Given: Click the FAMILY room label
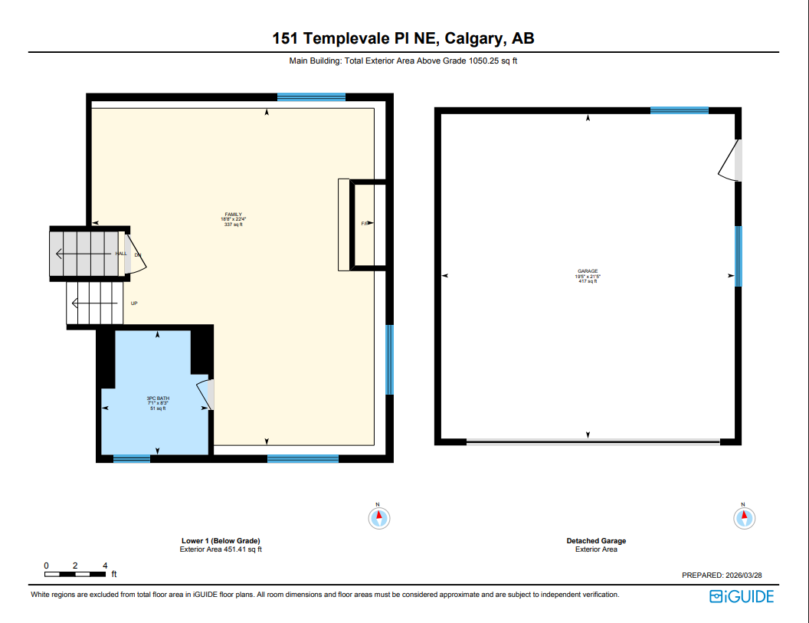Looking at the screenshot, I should click(233, 219).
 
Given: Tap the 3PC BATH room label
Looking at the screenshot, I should click(158, 403).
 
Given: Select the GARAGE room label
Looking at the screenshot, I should click(588, 276).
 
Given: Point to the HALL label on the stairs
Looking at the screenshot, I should click(120, 254).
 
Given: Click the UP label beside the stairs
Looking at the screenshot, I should click(134, 303).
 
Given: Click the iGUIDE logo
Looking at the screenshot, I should click(742, 596).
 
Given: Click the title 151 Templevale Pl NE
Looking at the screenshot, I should click(404, 38).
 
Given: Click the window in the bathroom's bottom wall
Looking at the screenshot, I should click(132, 458).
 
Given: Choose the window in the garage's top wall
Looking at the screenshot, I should click(679, 110).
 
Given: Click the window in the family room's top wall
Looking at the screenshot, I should click(311, 97).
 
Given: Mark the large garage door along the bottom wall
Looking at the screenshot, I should click(593, 441).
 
